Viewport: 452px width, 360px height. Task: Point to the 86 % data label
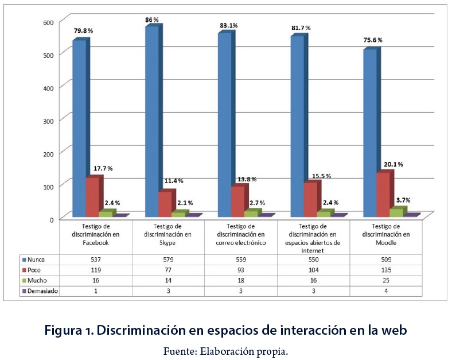click(x=151, y=20)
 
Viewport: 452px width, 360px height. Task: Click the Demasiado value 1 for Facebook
click(x=96, y=291)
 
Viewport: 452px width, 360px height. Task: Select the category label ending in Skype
click(x=169, y=235)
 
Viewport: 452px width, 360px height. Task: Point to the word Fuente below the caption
click(x=179, y=350)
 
